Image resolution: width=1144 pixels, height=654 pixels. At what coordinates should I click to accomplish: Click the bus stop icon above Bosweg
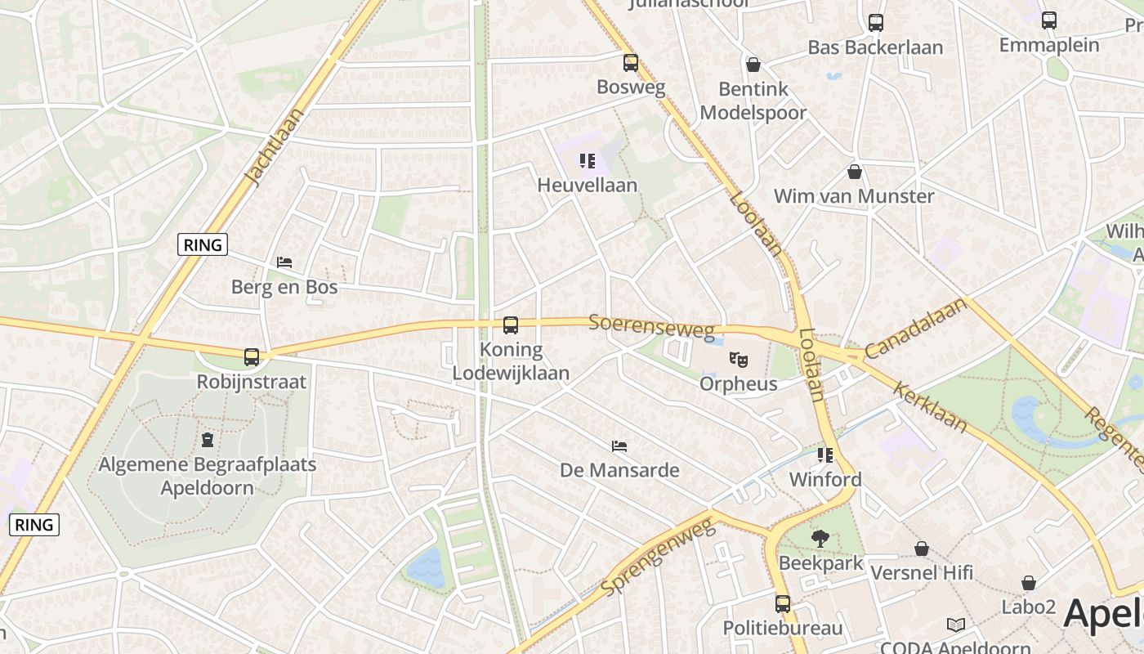pyautogui.click(x=630, y=63)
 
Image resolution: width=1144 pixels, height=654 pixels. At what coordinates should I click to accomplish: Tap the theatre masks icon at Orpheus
pyautogui.click(x=739, y=359)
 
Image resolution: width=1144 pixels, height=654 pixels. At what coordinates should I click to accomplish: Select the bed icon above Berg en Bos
pyautogui.click(x=284, y=262)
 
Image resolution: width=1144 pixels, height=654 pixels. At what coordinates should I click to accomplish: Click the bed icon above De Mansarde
pyautogui.click(x=619, y=446)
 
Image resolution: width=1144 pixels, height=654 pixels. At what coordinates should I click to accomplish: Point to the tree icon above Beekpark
pyautogui.click(x=820, y=539)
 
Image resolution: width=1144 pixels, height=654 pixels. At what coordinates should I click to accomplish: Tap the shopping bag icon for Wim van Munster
pyautogui.click(x=854, y=172)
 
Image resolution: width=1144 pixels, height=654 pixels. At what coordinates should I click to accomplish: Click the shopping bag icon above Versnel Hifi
pyautogui.click(x=921, y=549)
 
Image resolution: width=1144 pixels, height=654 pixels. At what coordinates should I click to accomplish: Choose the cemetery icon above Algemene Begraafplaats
pyautogui.click(x=208, y=440)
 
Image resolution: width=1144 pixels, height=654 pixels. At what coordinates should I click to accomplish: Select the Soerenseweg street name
pyautogui.click(x=651, y=326)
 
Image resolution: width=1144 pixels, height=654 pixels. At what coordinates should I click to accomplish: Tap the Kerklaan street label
pyautogui.click(x=931, y=407)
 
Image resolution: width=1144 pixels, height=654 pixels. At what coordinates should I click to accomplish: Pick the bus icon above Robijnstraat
pyautogui.click(x=252, y=357)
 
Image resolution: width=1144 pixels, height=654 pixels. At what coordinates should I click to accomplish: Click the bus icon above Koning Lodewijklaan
pyautogui.click(x=511, y=325)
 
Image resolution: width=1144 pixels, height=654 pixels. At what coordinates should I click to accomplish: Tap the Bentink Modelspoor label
pyautogui.click(x=753, y=101)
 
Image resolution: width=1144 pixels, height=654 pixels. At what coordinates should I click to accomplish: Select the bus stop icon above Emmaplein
pyautogui.click(x=1049, y=20)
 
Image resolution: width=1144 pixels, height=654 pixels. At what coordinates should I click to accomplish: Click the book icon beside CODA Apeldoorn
pyautogui.click(x=955, y=625)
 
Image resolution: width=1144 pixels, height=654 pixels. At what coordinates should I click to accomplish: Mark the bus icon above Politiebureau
pyautogui.click(x=782, y=604)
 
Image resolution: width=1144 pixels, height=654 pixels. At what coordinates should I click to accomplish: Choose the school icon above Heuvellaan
pyautogui.click(x=587, y=161)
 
